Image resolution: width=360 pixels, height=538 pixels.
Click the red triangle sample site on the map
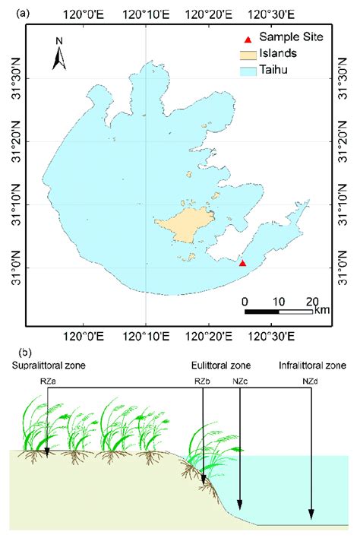(x=242, y=263)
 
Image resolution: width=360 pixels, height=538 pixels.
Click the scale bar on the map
(x=279, y=311)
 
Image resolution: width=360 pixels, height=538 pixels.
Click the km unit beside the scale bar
(x=321, y=311)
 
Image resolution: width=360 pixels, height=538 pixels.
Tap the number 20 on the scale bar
(x=312, y=300)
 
